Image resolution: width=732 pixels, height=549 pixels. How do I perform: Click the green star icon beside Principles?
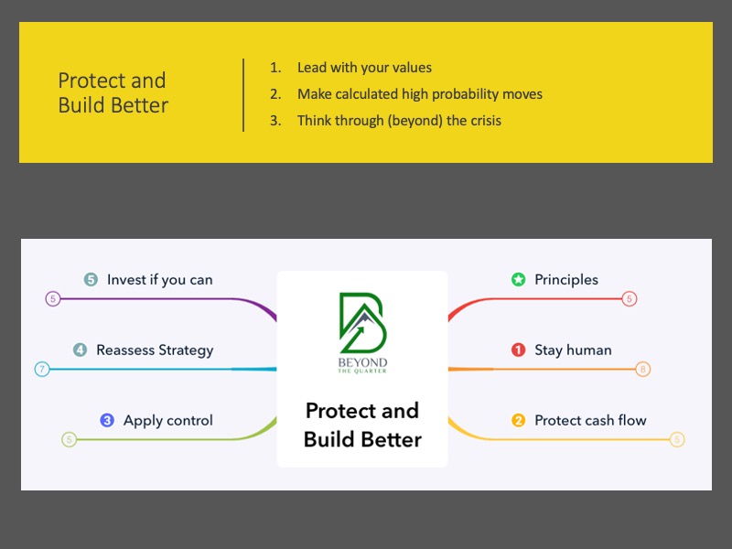click(x=518, y=280)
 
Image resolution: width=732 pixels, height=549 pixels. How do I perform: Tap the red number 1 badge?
click(x=518, y=350)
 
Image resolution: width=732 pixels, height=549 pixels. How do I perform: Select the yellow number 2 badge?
click(x=518, y=420)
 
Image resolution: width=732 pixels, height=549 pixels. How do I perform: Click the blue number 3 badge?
click(x=107, y=420)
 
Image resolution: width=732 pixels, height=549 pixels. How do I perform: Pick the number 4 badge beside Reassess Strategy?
click(x=80, y=350)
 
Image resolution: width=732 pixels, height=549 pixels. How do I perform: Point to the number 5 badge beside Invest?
click(x=91, y=280)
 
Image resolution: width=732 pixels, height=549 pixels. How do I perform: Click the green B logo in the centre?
click(x=362, y=323)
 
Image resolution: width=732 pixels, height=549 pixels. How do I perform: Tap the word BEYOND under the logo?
click(x=362, y=362)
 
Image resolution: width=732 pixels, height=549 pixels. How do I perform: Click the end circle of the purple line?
click(x=53, y=299)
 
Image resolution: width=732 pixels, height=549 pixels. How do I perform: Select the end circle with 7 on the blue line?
click(x=42, y=370)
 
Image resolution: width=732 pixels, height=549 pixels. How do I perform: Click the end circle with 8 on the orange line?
click(x=643, y=370)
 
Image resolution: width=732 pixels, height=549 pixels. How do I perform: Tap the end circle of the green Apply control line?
click(x=70, y=439)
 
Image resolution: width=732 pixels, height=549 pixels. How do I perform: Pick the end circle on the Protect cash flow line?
click(x=677, y=439)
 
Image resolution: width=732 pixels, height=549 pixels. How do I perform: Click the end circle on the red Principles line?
click(x=630, y=299)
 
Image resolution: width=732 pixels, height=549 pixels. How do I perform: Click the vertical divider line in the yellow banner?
click(x=243, y=95)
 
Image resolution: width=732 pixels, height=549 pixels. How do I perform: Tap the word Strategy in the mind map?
click(x=186, y=350)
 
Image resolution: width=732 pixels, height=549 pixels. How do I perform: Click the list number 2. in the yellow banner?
click(x=275, y=94)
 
